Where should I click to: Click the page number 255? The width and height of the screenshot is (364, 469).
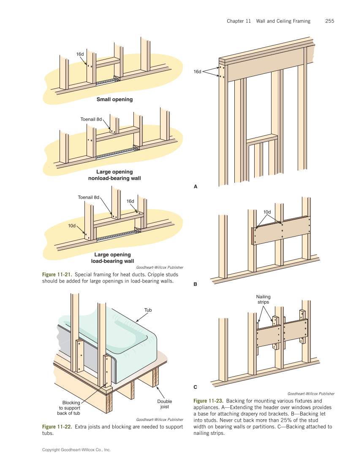[330, 21]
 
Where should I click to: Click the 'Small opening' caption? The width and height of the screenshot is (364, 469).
[114, 100]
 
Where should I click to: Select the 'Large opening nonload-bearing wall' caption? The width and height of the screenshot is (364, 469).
[114, 175]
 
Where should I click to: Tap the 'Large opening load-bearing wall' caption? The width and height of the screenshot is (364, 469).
[112, 258]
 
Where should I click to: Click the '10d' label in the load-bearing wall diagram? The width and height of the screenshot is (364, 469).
[72, 226]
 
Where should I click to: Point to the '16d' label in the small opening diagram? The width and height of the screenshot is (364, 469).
[80, 54]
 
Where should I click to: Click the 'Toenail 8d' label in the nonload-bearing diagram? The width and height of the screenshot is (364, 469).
[91, 119]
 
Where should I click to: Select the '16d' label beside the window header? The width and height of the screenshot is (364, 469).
[197, 72]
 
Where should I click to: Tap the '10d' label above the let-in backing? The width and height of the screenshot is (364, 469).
[267, 212]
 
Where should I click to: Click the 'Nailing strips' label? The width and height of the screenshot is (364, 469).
[263, 299]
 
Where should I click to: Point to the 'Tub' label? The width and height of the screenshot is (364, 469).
[148, 310]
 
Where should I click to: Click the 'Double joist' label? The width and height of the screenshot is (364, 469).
[164, 404]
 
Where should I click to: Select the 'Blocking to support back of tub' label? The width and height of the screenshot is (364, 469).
[68, 408]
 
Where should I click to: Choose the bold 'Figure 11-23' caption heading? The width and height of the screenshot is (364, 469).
[208, 401]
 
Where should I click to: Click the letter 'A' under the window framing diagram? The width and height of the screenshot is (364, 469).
[195, 186]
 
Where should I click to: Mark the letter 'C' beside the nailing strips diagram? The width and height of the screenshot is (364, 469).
[195, 386]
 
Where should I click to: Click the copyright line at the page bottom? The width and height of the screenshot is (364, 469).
[76, 450]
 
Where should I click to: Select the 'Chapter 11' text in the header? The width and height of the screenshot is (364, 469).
[239, 21]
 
